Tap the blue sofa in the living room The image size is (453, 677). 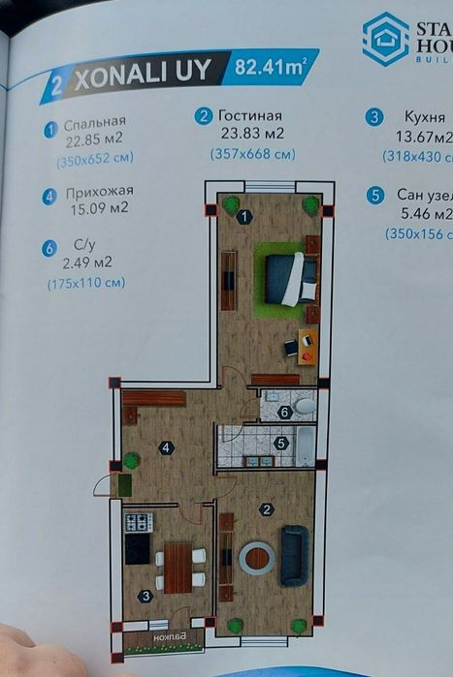(x=294, y=555)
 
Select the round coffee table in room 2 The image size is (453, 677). (x=257, y=557)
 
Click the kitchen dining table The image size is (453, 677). (x=178, y=568)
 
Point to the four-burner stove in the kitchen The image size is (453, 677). (x=138, y=523)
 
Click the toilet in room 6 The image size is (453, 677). (x=304, y=407)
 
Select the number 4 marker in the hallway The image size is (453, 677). (x=167, y=447)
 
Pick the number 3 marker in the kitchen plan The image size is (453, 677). (x=145, y=597)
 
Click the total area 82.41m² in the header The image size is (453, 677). (x=263, y=69)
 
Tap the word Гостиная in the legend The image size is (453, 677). (x=250, y=115)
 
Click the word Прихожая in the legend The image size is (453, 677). (x=100, y=192)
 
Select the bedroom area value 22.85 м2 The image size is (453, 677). (x=95, y=138)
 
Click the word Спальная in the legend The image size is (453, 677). (x=95, y=123)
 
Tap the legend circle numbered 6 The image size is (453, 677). (x=49, y=249)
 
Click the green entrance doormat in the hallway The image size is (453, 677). (x=123, y=483)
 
